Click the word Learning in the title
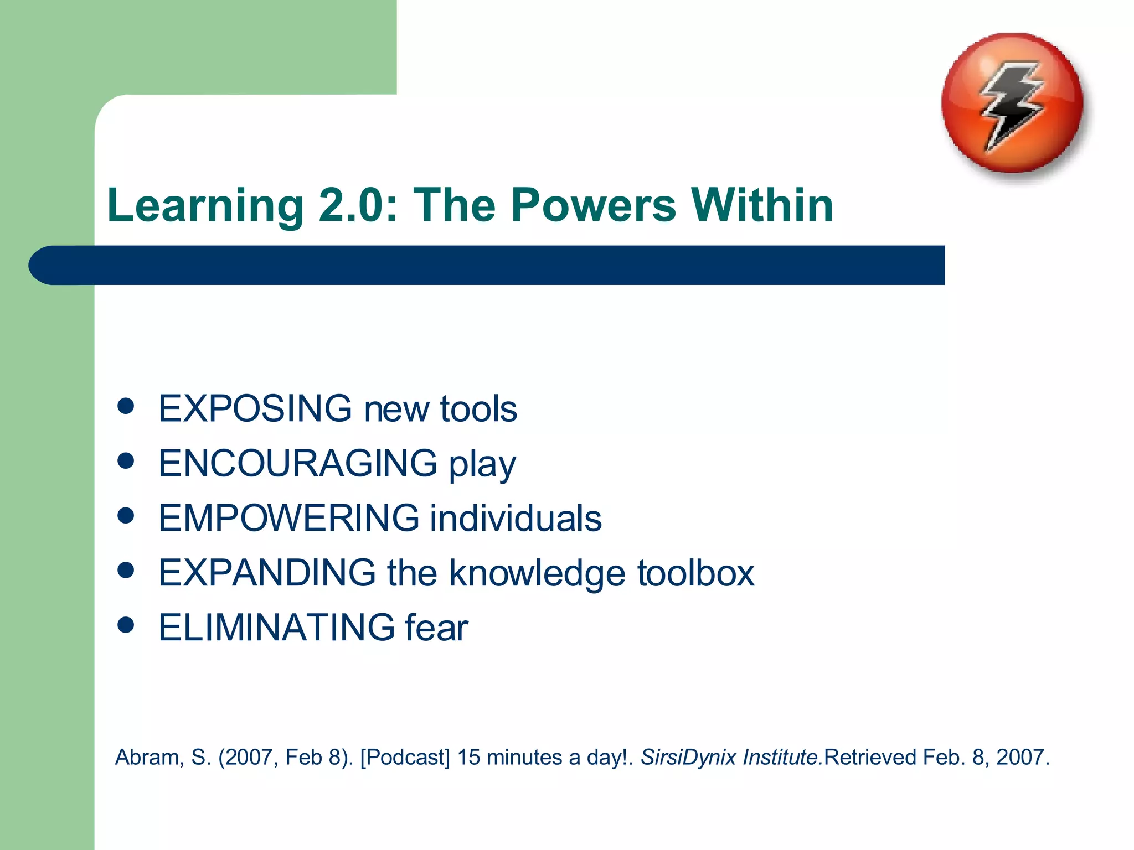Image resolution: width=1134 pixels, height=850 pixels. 205,206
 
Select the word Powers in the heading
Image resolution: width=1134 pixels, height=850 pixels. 593,206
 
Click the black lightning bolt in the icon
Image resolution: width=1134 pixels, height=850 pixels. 1011,105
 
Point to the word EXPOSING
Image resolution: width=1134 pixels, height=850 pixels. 255,408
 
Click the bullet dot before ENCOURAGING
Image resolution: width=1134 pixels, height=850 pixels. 126,460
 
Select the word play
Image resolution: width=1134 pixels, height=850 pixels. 482,464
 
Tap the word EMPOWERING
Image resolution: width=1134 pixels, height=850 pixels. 288,518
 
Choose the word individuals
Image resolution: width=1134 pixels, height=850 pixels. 516,518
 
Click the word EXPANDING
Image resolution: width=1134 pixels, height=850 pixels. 267,572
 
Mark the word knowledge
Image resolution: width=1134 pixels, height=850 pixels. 537,573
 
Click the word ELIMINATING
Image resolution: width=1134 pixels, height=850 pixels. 276,627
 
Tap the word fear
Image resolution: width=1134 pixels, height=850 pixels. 436,627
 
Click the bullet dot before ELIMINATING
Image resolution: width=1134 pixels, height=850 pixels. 126,625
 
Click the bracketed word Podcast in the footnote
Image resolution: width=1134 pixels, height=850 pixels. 405,757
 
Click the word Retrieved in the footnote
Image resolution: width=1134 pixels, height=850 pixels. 870,757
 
